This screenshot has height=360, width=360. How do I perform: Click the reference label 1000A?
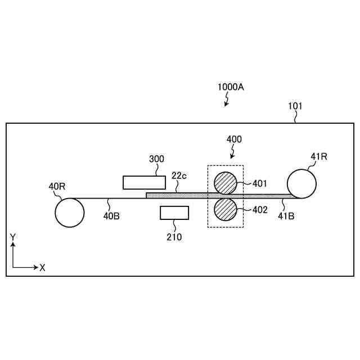click(231, 87)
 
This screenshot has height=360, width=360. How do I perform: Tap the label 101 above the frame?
click(295, 106)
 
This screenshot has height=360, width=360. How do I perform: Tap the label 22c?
click(179, 176)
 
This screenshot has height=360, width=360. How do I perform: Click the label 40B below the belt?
click(111, 216)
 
